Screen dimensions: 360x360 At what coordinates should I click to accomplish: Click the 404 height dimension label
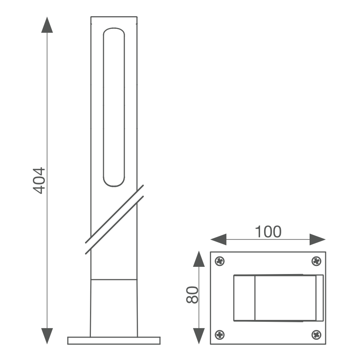[x=39, y=181]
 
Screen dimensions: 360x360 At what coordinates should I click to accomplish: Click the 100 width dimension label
[x=268, y=232]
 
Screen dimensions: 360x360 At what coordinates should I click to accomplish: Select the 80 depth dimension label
[x=192, y=295]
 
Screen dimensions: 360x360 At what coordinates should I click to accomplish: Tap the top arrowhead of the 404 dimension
[x=47, y=25]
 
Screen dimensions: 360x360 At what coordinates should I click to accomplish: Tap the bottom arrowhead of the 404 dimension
[x=47, y=336]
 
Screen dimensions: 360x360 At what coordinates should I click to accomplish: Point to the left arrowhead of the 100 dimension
[x=218, y=239]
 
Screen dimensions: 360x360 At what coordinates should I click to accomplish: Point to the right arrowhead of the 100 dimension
[x=318, y=239]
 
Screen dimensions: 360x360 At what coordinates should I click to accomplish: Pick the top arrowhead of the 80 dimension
[x=199, y=259]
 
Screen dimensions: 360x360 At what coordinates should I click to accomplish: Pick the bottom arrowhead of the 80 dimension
[x=199, y=336]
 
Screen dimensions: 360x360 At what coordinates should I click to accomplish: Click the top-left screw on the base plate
[x=220, y=261]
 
